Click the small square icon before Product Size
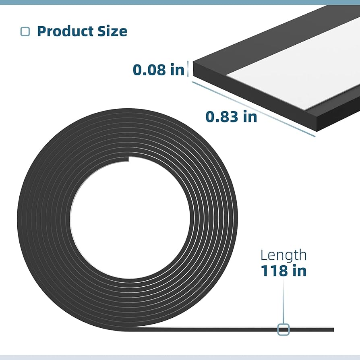coord(25,31)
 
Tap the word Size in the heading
coord(113,31)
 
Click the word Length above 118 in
coord(283,255)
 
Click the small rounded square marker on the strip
coord(283,329)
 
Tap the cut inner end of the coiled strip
coord(128,159)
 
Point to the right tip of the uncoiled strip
coord(333,329)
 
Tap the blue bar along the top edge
coord(180,2)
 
